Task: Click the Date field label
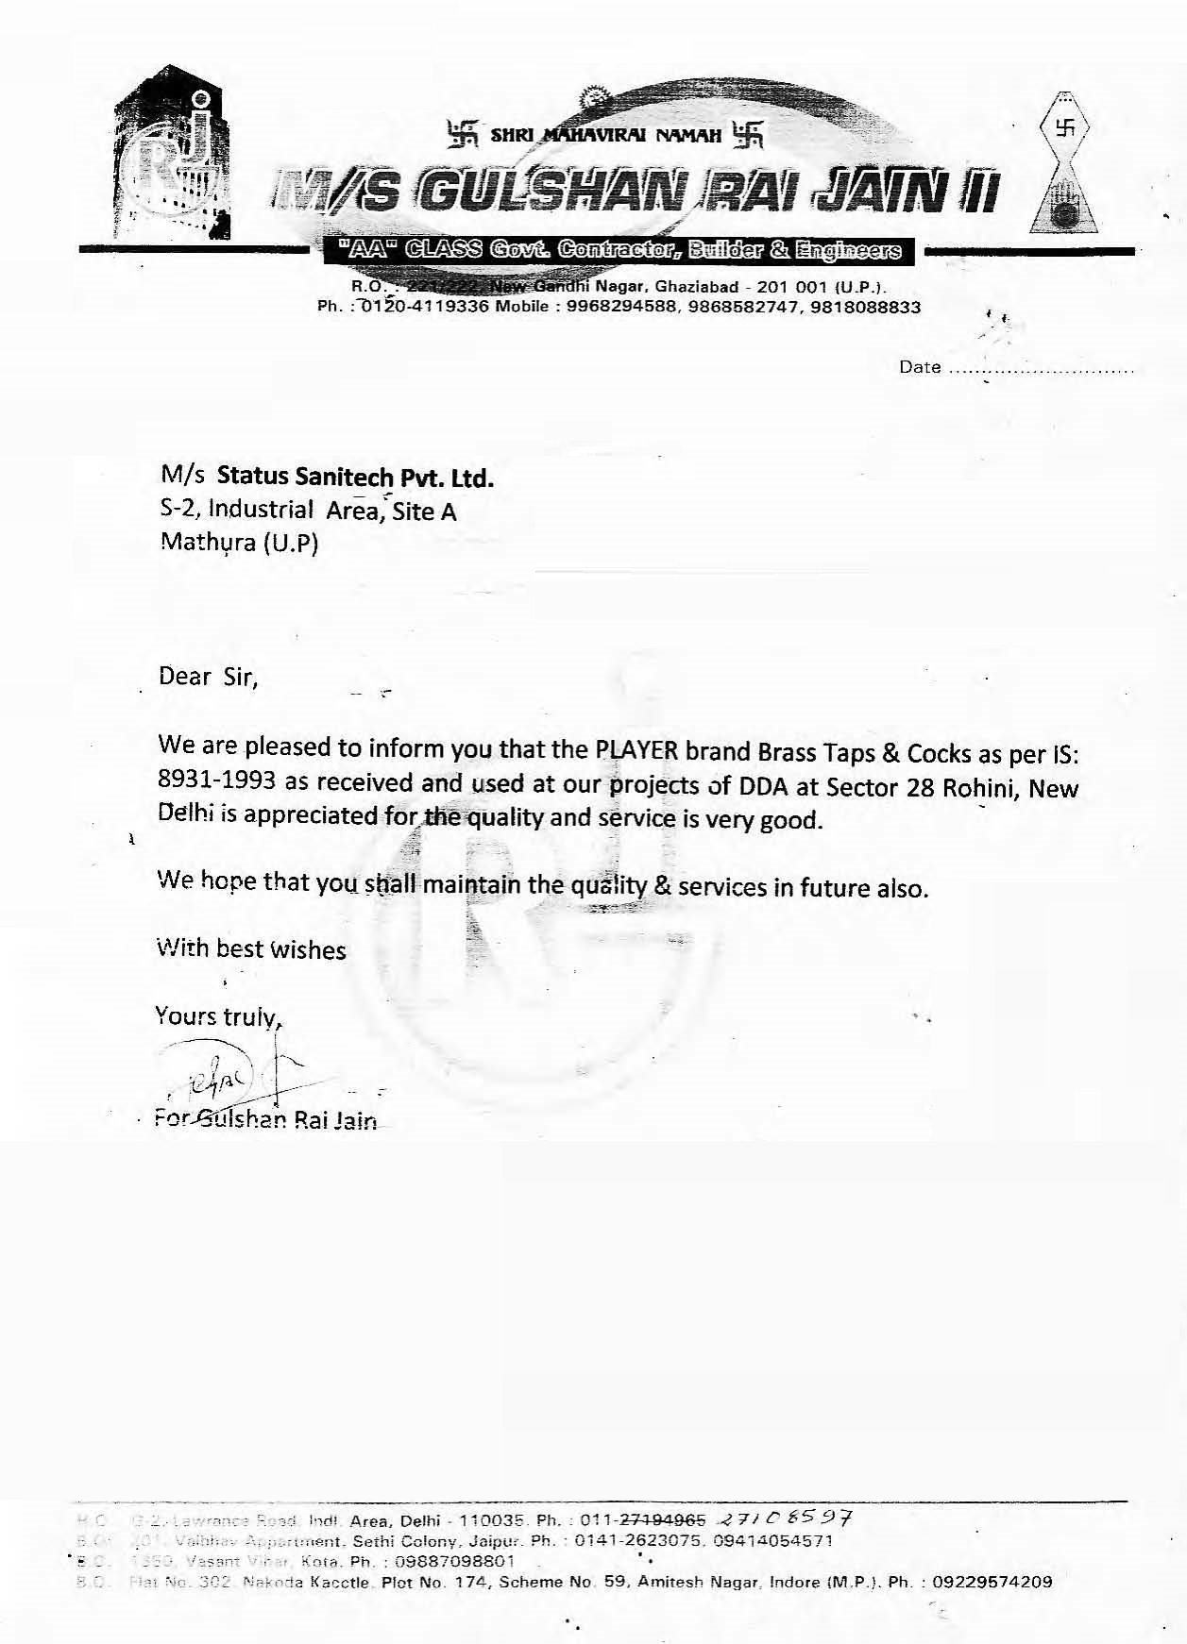pos(920,368)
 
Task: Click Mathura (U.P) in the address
pos(240,544)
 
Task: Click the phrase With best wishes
pos(251,949)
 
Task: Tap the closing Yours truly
pos(217,1016)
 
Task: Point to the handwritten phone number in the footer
pos(786,1518)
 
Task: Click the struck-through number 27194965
pos(663,1521)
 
